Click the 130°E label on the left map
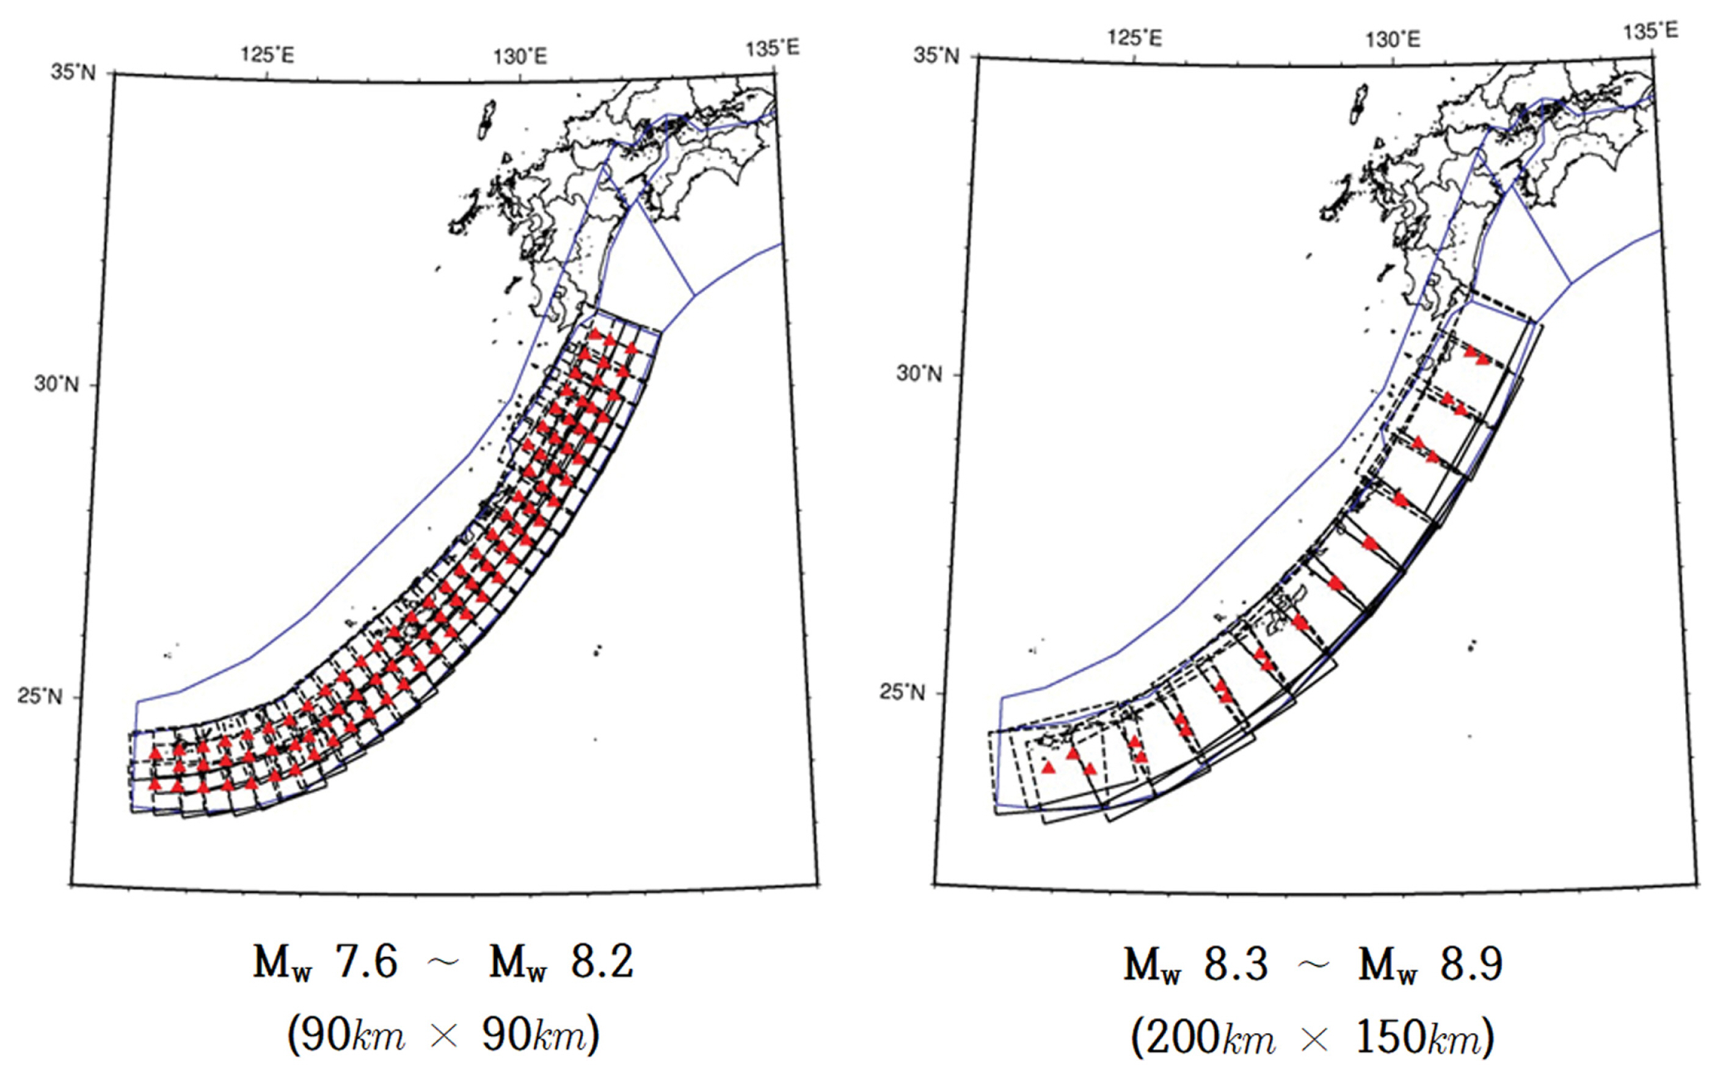tap(520, 56)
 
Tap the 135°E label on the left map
tap(773, 48)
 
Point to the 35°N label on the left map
tap(73, 72)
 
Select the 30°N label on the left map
tap(56, 384)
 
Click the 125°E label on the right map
tap(1135, 37)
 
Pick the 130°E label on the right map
tap(1393, 39)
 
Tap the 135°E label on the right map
tap(1651, 31)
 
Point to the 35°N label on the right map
tap(936, 55)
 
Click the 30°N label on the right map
tap(919, 372)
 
